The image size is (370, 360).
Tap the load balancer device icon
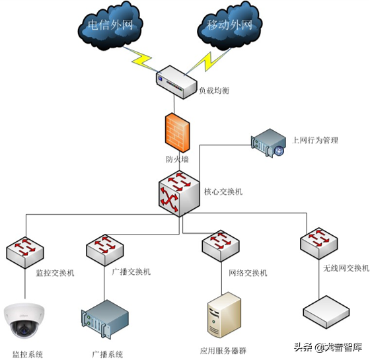pos(176,80)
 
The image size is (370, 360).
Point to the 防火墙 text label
pos(176,159)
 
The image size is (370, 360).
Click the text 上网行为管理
pos(315,140)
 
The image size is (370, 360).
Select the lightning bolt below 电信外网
pos(145,59)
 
